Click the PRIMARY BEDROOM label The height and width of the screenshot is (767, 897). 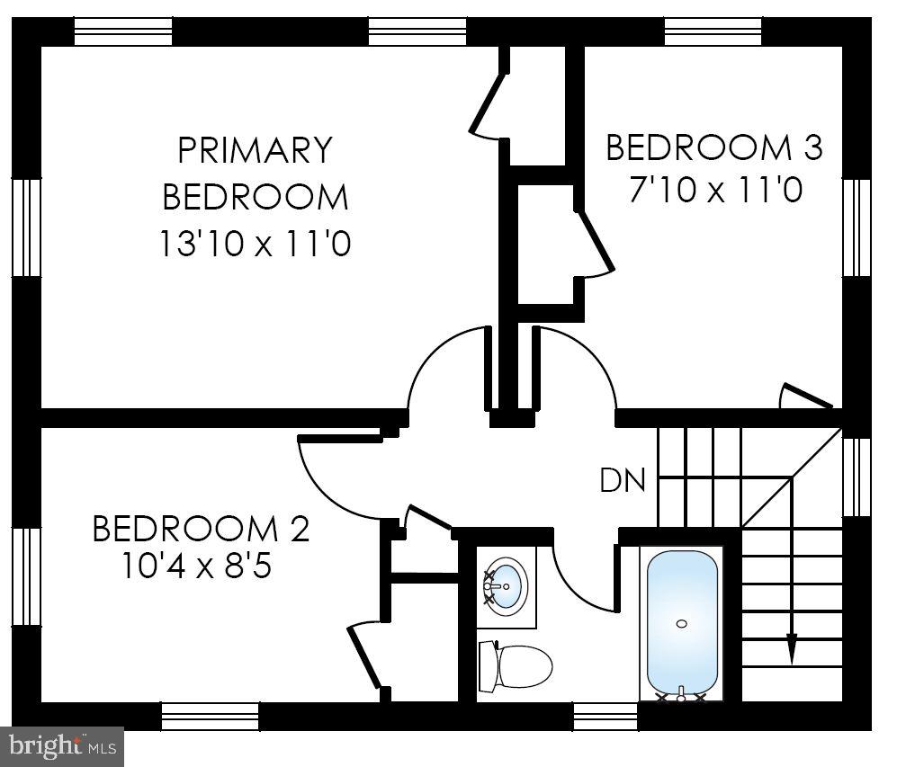coord(255,173)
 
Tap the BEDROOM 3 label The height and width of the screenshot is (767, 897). coord(713,147)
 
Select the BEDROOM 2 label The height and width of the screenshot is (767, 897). coord(201,529)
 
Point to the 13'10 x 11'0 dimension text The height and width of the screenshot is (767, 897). coord(255,243)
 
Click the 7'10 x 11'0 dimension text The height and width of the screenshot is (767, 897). coord(714,191)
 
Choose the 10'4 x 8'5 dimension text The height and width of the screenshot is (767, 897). coord(200,568)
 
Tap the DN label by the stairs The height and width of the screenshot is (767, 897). coord(623,480)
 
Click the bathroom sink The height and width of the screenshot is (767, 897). coord(506,584)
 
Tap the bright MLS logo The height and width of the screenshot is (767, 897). coord(61,745)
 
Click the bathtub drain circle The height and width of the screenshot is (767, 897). coord(682,623)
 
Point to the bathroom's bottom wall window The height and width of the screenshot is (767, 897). coord(605,716)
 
